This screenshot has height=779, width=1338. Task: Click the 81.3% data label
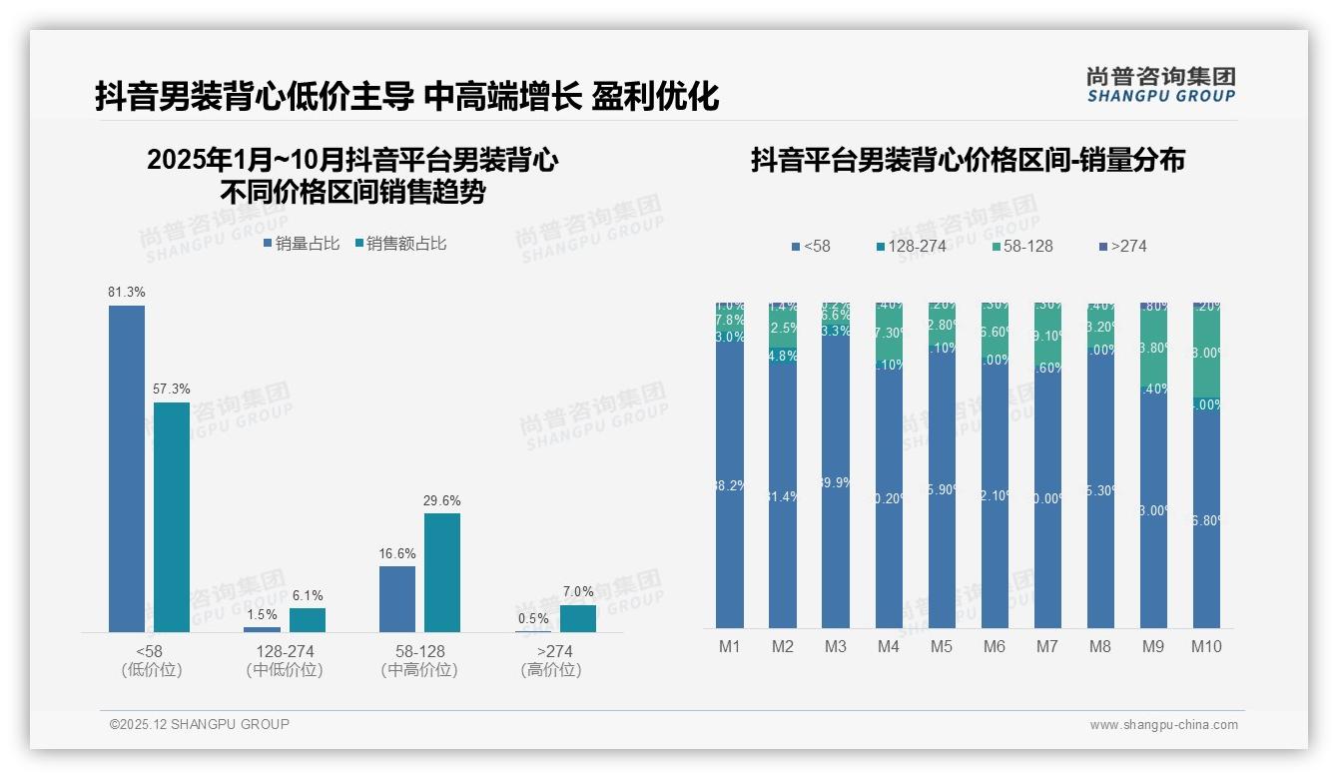tap(127, 293)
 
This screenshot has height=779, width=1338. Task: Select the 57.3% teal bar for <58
tap(172, 516)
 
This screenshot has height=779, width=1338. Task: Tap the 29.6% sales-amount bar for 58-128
tap(442, 572)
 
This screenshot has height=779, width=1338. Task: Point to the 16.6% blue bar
tap(397, 599)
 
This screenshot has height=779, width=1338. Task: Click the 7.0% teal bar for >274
tap(578, 619)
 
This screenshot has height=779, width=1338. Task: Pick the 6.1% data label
tap(308, 596)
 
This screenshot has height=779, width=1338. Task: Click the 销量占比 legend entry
tap(302, 244)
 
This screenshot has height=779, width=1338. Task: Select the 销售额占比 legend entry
tap(400, 244)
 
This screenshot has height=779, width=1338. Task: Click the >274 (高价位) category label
tap(550, 660)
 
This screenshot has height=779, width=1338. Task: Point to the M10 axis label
tap(1206, 646)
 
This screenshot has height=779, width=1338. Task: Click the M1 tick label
tap(730, 646)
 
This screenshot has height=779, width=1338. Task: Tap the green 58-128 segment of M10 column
tap(1206, 352)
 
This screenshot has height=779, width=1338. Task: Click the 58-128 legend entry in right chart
tap(1023, 246)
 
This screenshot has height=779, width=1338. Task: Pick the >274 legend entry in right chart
tap(1122, 246)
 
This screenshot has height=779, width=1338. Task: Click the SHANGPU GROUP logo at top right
tap(1160, 85)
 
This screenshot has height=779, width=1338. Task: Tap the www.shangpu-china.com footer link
tap(1163, 725)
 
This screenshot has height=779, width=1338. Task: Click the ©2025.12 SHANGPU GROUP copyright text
tap(200, 725)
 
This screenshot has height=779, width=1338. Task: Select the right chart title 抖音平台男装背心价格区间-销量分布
tap(968, 161)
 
